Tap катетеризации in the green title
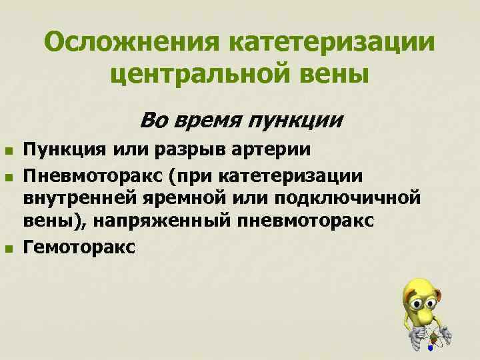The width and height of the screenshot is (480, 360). pyautogui.click(x=331, y=43)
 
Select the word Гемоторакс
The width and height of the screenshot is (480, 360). pyautogui.click(x=79, y=247)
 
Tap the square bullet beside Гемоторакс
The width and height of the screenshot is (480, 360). pyautogui.click(x=8, y=249)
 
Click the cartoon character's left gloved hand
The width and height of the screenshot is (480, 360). pyautogui.click(x=413, y=337)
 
